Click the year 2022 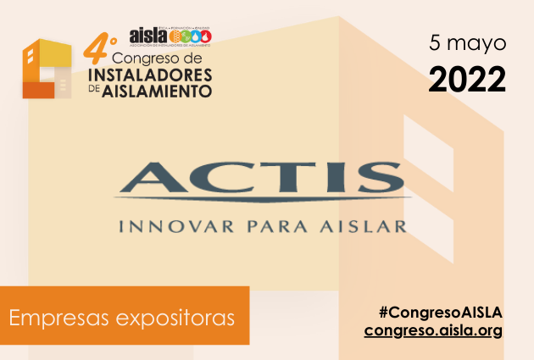coord(467,79)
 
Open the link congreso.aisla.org coord(434,329)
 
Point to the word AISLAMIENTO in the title coord(157,91)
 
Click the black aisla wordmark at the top coord(148,36)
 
